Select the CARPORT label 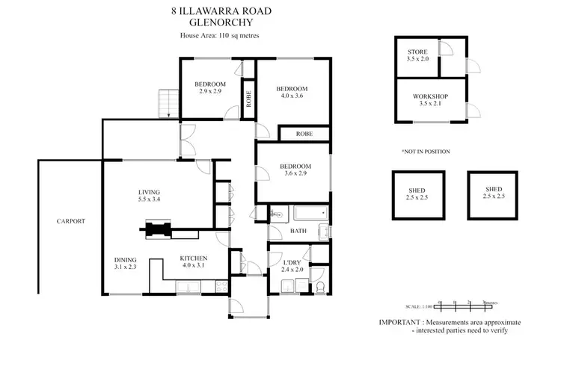[70, 221]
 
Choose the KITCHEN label [192, 258]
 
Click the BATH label [298, 232]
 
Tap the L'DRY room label [292, 262]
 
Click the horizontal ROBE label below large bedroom [303, 134]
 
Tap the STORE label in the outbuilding [417, 52]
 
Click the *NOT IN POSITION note [426, 152]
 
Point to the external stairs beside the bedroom [166, 102]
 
